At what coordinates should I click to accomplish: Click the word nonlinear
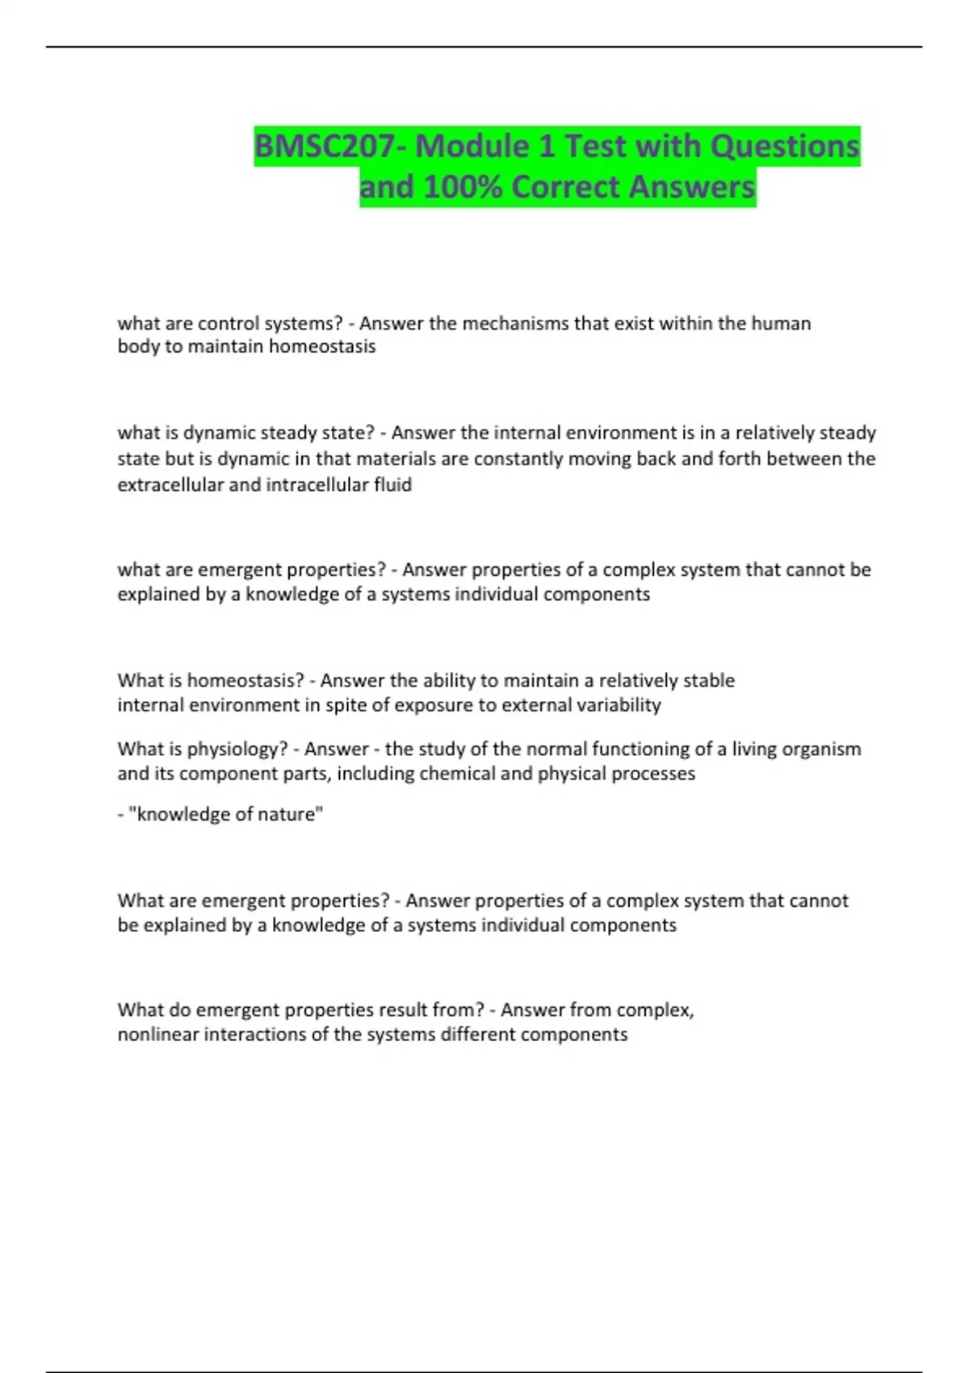point(157,1034)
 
